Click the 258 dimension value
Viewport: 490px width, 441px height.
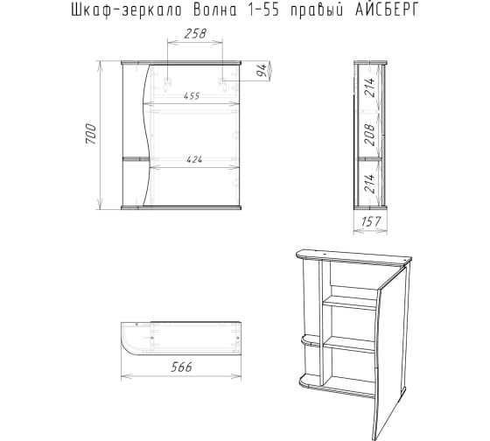[195, 34]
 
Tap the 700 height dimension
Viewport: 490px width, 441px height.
[91, 134]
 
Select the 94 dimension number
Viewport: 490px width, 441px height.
[262, 70]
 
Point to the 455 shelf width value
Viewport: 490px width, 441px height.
[192, 96]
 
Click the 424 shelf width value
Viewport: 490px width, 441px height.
[194, 160]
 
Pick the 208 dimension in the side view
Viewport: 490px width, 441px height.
[369, 135]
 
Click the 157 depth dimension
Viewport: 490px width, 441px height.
[371, 221]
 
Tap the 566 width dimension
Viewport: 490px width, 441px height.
[181, 367]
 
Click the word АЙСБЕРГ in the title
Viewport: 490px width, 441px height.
[387, 10]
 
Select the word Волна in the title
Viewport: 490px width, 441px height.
[214, 10]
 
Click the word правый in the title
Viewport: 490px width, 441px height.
[317, 12]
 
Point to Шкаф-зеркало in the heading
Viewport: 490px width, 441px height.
[127, 11]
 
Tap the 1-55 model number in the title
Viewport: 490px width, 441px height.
[263, 10]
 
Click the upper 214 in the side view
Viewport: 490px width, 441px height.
[369, 87]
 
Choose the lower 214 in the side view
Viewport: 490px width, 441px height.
[369, 184]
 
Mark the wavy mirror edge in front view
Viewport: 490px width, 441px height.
[146, 135]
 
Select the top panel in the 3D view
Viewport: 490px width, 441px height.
[353, 256]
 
